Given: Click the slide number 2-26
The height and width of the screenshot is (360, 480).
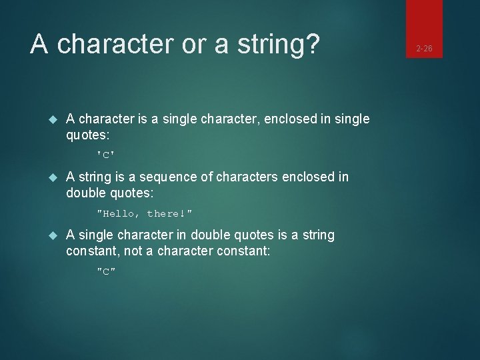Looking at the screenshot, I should click(425, 49).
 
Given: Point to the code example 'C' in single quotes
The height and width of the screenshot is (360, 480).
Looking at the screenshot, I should click(105, 155).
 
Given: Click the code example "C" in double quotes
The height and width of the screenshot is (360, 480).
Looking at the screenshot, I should click(105, 271).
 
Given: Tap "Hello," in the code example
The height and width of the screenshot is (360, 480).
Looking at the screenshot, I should click(119, 213).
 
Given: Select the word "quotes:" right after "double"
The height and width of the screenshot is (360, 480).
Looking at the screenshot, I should click(130, 193).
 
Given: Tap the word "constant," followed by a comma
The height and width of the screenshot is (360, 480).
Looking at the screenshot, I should click(90, 251).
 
